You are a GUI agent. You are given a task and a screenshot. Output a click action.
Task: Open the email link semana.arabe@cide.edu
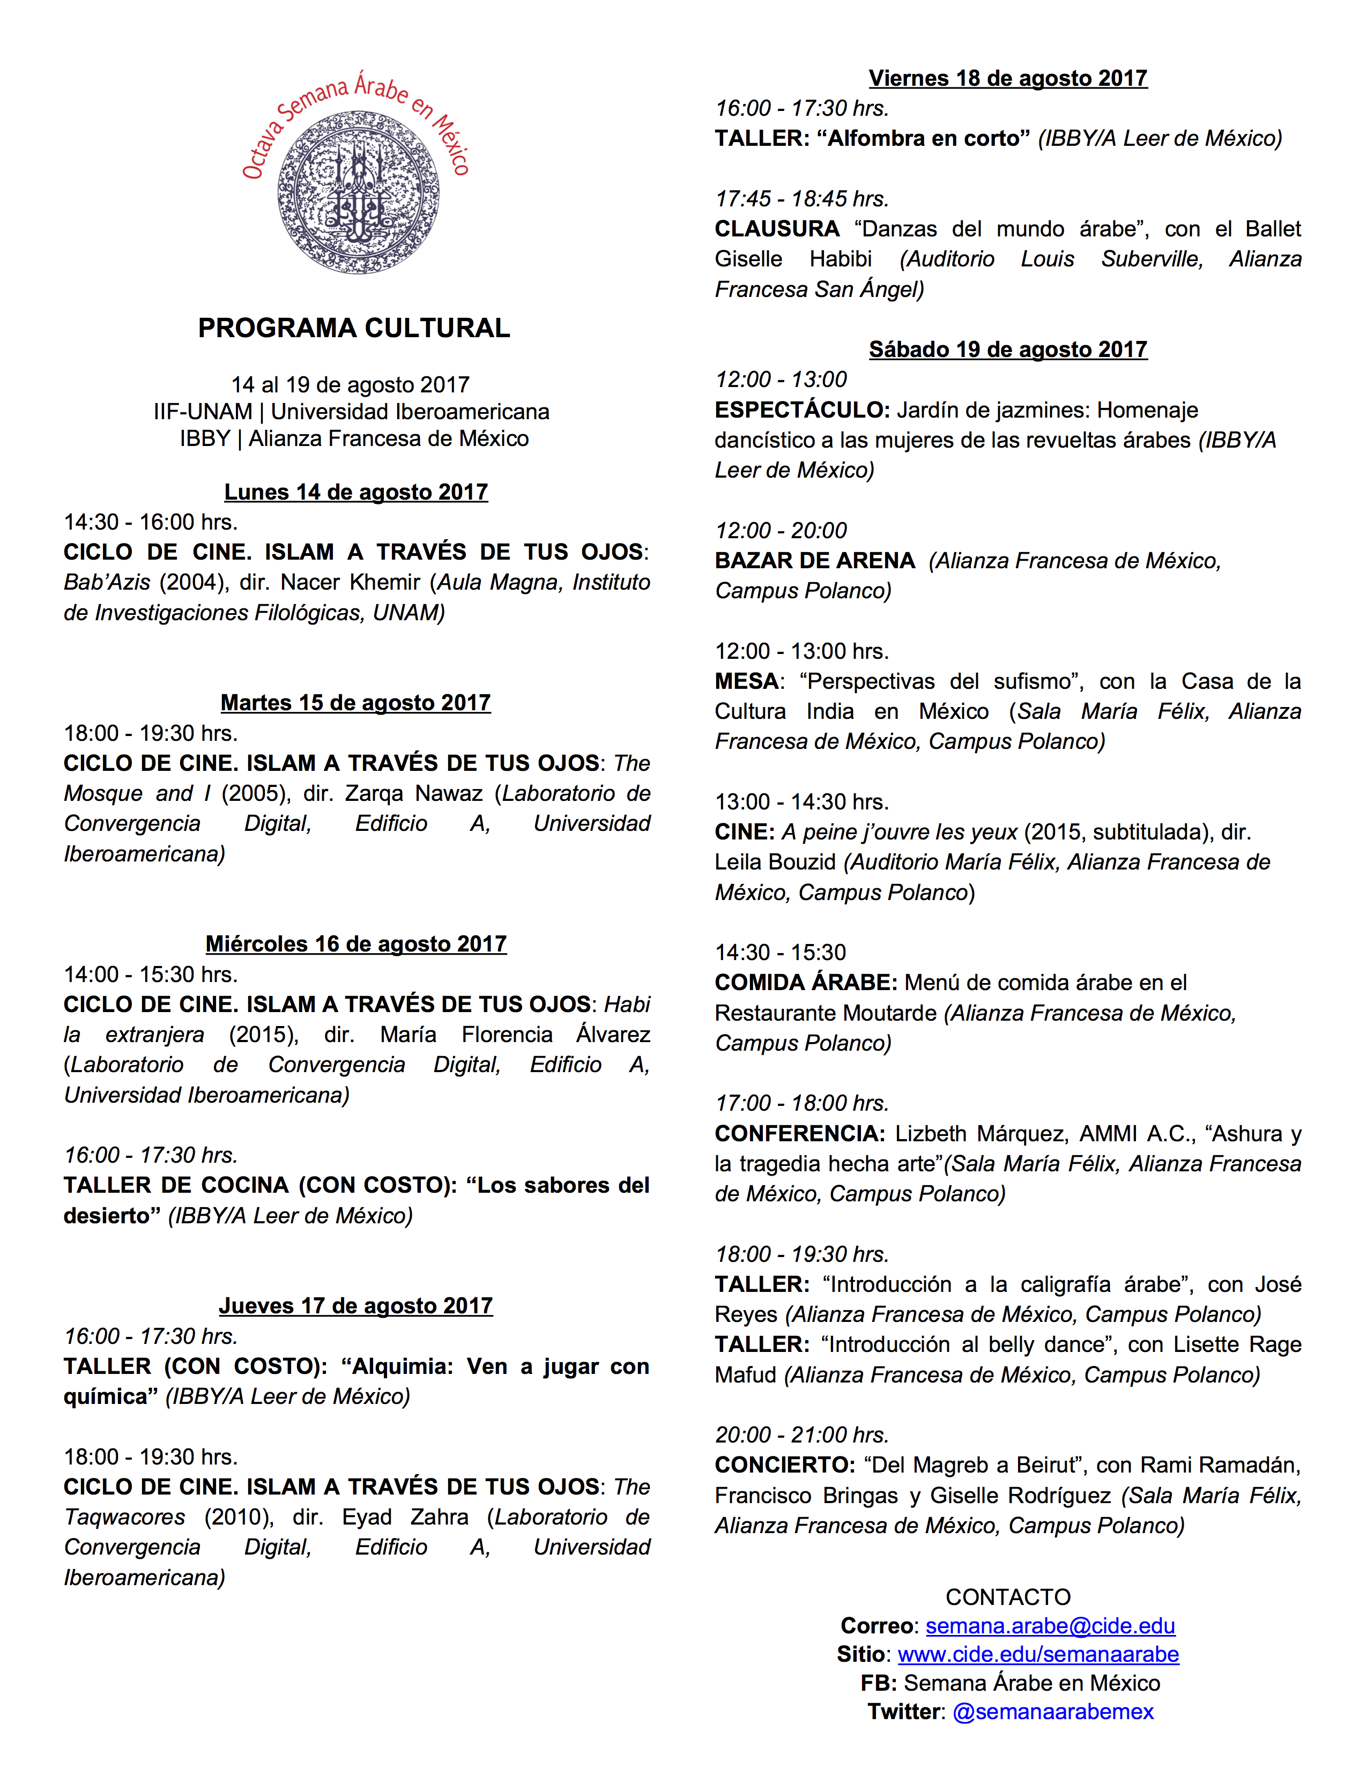(x=1050, y=1626)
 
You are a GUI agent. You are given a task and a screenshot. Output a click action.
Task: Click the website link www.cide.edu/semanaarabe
(x=1038, y=1655)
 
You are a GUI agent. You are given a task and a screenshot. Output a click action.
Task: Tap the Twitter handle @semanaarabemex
(x=1053, y=1712)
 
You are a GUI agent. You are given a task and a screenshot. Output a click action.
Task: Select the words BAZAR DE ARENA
(x=815, y=561)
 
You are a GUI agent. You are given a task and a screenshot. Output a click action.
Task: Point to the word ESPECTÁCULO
(x=802, y=411)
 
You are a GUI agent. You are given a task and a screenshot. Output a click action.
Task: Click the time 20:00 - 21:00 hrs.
(x=802, y=1435)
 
